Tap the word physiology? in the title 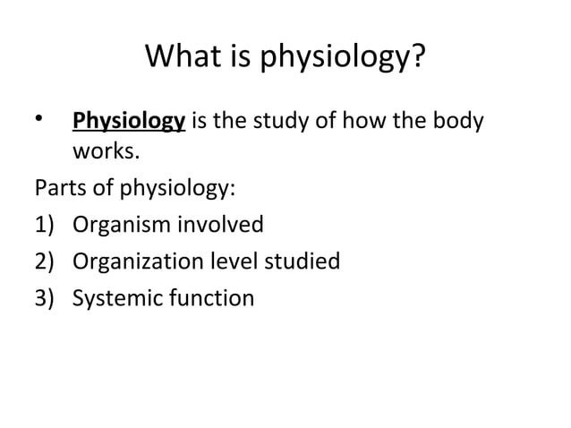point(343,60)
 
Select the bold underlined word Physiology point(129,121)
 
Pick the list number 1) point(45,226)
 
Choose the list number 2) point(45,261)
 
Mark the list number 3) point(45,298)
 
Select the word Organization point(139,262)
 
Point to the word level point(236,261)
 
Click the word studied point(303,261)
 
